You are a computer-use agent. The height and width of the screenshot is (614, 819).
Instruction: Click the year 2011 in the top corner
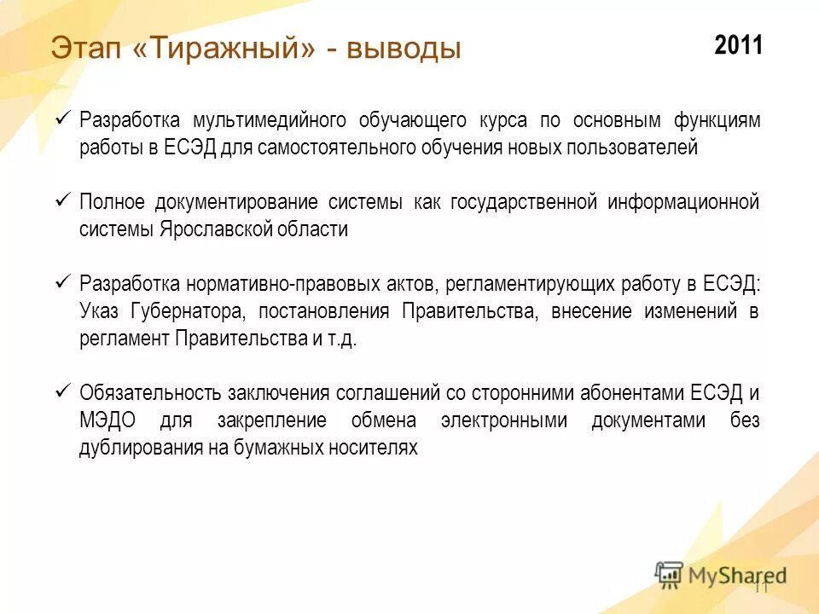pyautogui.click(x=738, y=45)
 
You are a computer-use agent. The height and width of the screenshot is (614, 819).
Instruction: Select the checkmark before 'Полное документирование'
pyautogui.click(x=62, y=200)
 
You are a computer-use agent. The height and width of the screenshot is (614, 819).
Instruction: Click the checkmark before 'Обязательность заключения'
pyautogui.click(x=62, y=391)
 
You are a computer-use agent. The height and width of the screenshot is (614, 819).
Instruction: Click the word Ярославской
pyautogui.click(x=213, y=229)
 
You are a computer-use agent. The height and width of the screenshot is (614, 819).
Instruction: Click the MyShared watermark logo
pyautogui.click(x=721, y=575)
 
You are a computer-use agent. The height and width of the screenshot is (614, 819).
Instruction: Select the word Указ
pyautogui.click(x=101, y=311)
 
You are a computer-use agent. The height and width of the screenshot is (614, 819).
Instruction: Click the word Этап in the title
pyautogui.click(x=87, y=48)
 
